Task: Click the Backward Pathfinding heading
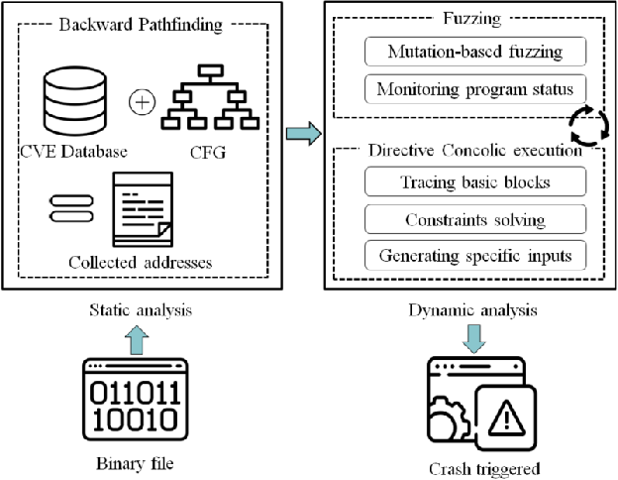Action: coord(147,25)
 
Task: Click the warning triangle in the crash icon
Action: coord(506,414)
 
